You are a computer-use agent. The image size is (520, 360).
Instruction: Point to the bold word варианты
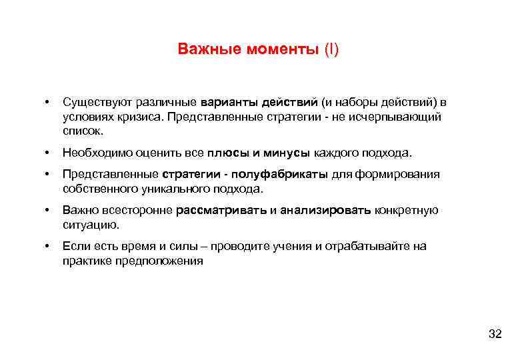point(227,102)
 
